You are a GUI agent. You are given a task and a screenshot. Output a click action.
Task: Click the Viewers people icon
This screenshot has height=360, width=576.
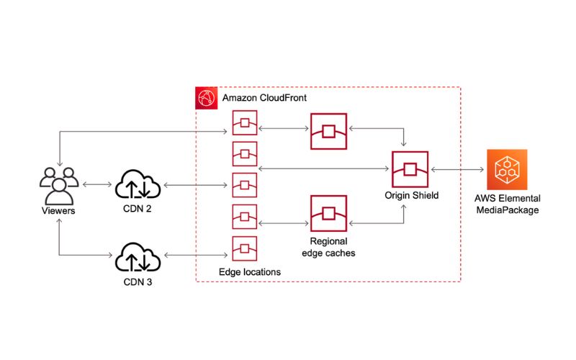click(59, 186)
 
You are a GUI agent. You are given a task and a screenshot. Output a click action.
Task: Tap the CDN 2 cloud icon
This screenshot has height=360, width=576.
click(138, 184)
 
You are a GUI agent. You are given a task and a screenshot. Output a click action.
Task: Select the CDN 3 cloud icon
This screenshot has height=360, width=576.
click(138, 257)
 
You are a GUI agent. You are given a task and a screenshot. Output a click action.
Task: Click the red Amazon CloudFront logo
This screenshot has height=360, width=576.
click(206, 98)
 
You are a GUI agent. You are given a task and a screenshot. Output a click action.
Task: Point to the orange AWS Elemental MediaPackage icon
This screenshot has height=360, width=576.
click(507, 169)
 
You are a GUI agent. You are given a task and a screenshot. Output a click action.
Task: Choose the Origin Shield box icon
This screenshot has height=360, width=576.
click(410, 169)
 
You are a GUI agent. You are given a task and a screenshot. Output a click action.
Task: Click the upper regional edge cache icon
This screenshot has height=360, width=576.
click(328, 131)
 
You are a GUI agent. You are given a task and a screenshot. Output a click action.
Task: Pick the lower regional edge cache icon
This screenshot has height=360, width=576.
click(328, 213)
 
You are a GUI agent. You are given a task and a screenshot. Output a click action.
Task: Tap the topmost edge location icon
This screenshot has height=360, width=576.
click(245, 122)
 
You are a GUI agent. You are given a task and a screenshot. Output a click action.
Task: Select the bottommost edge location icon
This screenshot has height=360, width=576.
click(245, 248)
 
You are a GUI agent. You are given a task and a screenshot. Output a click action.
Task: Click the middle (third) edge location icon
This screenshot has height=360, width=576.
click(245, 185)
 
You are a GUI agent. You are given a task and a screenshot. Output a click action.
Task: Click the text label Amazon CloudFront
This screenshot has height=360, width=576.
click(264, 98)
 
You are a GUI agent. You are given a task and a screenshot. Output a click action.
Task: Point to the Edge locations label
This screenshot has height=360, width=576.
click(250, 272)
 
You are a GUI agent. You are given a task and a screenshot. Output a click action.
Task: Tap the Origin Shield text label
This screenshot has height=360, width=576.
click(411, 195)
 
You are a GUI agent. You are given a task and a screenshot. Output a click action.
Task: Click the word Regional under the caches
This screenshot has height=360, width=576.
click(328, 241)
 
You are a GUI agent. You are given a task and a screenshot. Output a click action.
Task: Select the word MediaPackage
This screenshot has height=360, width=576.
click(508, 210)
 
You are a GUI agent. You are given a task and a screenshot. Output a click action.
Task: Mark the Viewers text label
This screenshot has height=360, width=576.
click(58, 210)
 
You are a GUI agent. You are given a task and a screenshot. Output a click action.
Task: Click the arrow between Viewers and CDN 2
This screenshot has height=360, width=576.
click(97, 184)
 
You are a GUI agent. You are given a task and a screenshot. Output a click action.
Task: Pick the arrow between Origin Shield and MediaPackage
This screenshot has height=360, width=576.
click(457, 169)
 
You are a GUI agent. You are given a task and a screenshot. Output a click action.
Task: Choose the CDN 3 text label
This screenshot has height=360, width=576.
click(138, 282)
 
